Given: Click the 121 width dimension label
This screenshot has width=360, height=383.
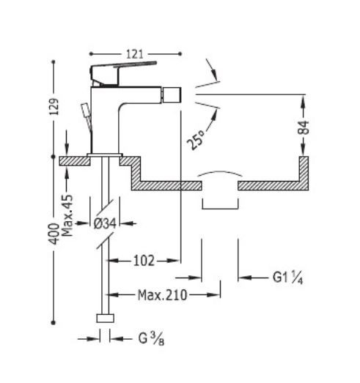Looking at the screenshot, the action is pos(135,54).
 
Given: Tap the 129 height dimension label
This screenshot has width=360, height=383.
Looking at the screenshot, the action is pos(54,106).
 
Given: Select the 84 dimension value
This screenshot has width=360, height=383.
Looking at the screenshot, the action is pos(304,127).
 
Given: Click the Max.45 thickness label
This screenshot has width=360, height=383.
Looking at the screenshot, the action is pos(67,215).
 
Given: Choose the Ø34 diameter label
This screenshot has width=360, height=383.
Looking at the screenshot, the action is pos(105,223).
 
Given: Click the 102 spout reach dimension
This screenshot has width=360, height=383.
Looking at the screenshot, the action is pos(144,261).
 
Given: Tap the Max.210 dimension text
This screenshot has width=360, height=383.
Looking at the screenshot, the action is pos(162,295).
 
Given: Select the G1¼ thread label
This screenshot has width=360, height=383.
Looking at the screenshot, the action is pos(287,278).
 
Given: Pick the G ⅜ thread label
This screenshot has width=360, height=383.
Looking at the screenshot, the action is pos(151,339).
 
